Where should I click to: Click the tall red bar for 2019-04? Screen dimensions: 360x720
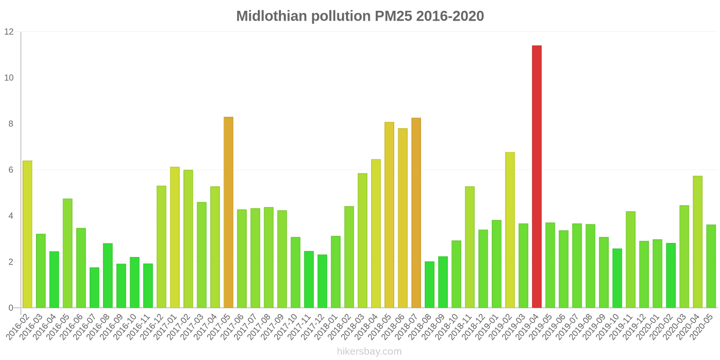click(536, 176)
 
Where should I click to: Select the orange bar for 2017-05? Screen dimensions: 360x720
click(228, 212)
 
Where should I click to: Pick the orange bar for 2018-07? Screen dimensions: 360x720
click(416, 213)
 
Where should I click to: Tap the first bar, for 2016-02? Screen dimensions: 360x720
click(27, 234)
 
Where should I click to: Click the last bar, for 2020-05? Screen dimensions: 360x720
click(711, 266)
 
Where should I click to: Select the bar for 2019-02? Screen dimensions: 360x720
click(510, 230)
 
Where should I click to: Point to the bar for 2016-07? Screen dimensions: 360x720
click(94, 288)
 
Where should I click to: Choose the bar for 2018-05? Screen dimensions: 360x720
click(389, 215)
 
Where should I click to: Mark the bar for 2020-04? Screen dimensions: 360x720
click(697, 242)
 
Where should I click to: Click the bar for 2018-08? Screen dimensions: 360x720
click(429, 284)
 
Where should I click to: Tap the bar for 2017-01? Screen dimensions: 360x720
click(175, 237)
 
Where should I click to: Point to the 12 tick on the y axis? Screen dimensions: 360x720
click(9, 32)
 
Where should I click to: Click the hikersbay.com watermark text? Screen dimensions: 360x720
click(369, 351)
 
